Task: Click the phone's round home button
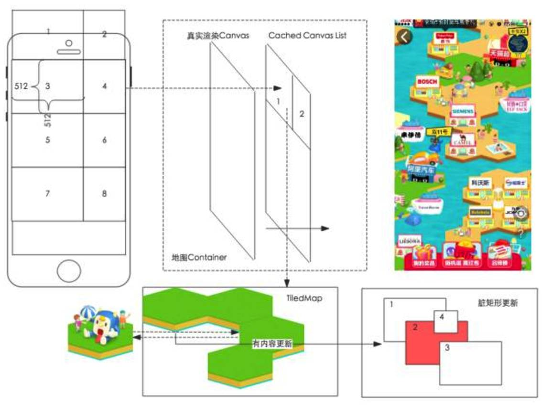69,271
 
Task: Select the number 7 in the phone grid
47,194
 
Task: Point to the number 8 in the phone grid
104,194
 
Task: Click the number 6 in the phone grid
104,140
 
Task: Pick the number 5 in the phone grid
47,140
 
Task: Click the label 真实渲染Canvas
218,36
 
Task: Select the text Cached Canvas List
307,36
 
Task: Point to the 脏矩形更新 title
498,303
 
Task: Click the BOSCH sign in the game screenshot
427,82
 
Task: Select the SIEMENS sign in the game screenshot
462,111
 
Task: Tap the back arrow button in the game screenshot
405,37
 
